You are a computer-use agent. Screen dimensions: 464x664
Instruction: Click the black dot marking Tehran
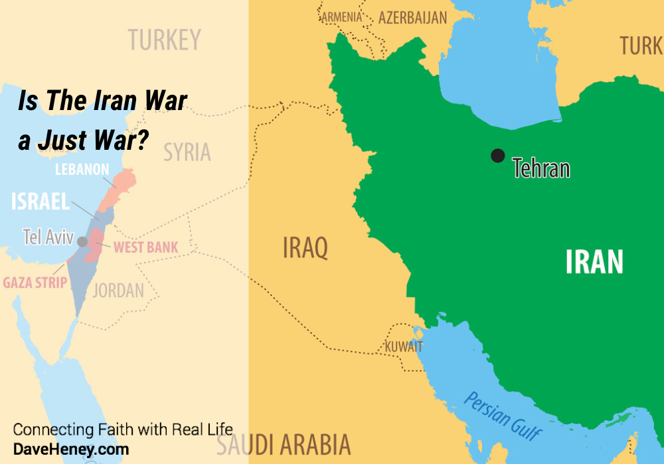(x=497, y=155)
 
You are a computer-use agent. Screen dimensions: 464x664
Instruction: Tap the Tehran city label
(x=541, y=168)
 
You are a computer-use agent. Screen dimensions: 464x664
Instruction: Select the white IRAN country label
(x=594, y=262)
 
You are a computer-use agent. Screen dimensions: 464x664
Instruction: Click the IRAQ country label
(x=305, y=249)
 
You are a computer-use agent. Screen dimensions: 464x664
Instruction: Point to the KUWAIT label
(x=404, y=347)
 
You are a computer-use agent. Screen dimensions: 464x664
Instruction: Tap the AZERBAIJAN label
(x=412, y=18)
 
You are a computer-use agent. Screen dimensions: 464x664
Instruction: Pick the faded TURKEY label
(x=164, y=40)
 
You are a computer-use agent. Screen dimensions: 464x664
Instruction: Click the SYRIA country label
(x=187, y=152)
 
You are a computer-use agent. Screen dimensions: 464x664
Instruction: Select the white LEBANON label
(x=82, y=170)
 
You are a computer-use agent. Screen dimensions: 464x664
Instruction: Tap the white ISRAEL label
(x=41, y=202)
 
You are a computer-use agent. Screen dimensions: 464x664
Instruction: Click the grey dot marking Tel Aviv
(x=82, y=241)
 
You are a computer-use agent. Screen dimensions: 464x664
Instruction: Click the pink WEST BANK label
(x=145, y=248)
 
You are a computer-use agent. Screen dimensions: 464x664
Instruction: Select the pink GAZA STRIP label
(x=35, y=283)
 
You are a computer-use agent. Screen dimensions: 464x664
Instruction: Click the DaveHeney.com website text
(x=71, y=449)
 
